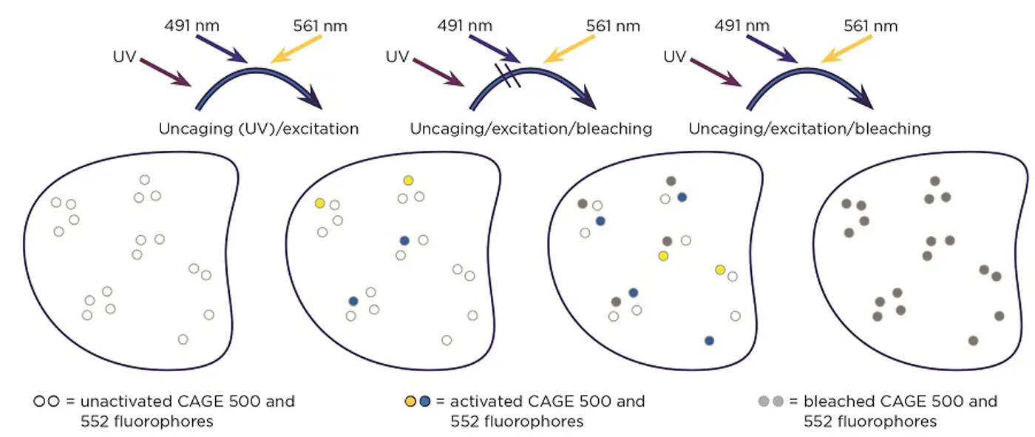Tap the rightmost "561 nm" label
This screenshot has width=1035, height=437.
[870, 26]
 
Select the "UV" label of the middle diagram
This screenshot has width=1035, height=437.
[397, 56]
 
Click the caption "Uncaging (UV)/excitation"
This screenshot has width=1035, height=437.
[258, 129]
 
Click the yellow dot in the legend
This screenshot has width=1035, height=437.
[410, 402]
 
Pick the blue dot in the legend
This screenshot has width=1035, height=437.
[424, 402]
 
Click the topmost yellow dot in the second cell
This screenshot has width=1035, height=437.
[408, 180]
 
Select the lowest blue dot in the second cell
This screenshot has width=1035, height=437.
[353, 301]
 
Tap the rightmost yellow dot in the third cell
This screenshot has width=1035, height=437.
[720, 270]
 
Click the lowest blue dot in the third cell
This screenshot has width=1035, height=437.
[710, 341]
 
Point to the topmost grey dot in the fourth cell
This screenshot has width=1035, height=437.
[934, 181]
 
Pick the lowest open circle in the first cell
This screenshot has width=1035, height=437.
[183, 339]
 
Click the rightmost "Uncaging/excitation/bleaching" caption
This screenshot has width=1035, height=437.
[810, 129]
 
